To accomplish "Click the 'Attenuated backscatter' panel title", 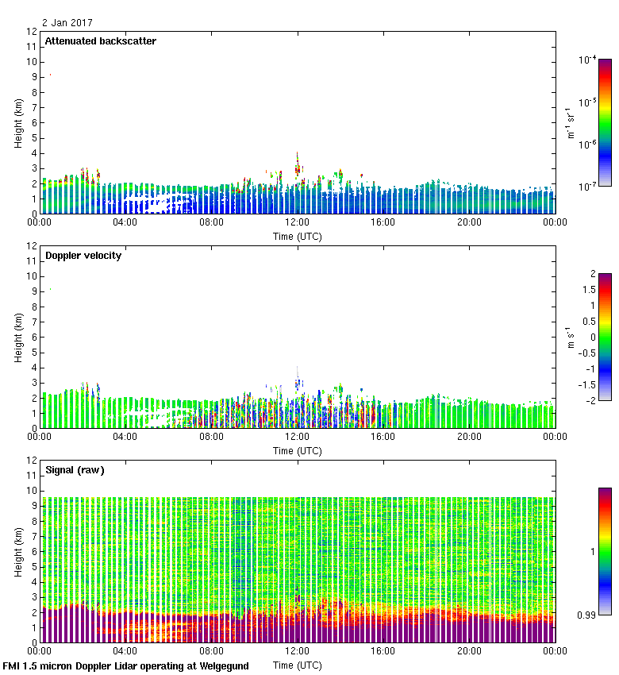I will tap(101, 41).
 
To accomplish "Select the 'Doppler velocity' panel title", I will tap(83, 256).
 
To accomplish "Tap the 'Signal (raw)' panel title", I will tap(75, 470).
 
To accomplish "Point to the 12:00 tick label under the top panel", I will tap(297, 222).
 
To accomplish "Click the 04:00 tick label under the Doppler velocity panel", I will tap(125, 437).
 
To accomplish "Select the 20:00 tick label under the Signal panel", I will tap(469, 651).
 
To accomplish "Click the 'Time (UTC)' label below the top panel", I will tap(297, 236).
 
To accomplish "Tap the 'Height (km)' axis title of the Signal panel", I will tap(18, 552).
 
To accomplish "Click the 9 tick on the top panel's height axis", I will tap(33, 77).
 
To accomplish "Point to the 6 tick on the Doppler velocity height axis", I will tap(33, 337).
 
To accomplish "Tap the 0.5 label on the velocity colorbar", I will tap(587, 321).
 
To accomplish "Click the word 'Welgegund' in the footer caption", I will tap(221, 666).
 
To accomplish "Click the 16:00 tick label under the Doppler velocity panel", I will tap(383, 437).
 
